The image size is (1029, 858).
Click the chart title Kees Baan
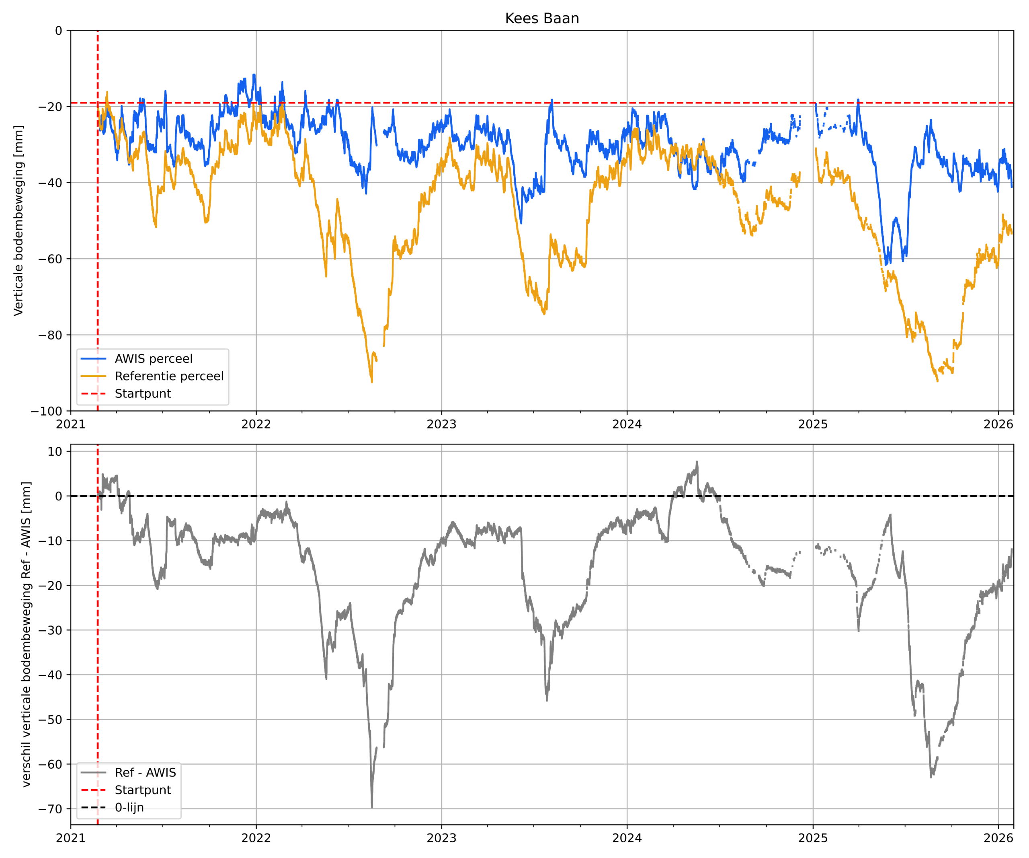click(542, 19)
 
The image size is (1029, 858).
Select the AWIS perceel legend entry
click(154, 359)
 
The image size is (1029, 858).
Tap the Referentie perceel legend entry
click(169, 376)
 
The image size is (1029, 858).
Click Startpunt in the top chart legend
click(143, 394)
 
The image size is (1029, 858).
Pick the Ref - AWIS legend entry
click(145, 773)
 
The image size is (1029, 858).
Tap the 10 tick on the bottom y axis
click(55, 452)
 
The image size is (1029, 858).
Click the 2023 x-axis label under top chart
click(441, 425)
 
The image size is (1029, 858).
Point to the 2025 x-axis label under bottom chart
click(812, 838)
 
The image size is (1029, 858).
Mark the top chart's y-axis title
click(18, 220)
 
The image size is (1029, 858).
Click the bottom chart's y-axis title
click(26, 634)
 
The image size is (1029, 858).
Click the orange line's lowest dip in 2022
click(372, 382)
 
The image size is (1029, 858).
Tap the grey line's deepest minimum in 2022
click(372, 807)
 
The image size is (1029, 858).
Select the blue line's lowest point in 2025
click(886, 264)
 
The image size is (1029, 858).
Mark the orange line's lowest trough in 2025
click(937, 381)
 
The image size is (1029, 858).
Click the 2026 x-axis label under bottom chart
click(998, 838)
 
